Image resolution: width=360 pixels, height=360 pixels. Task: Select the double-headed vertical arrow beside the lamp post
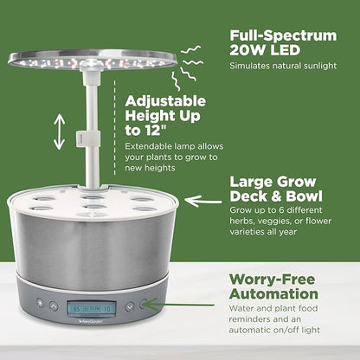tap(59, 132)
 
